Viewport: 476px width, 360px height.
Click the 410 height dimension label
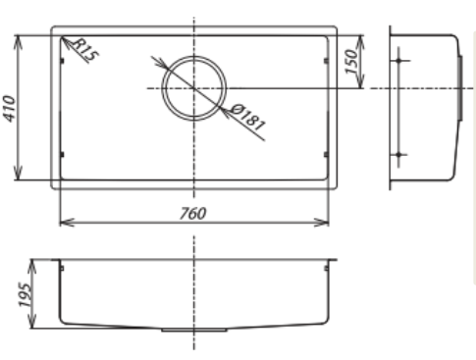coord(12,108)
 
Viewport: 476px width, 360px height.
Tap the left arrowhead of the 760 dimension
coord(65,221)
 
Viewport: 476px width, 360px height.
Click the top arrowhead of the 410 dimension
coord(21,40)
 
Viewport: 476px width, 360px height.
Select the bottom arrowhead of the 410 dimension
coord(21,179)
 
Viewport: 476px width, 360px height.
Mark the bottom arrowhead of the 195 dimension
coord(31,327)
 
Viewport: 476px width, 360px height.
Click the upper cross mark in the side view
coord(398,62)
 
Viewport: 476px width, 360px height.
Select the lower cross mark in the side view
coord(398,156)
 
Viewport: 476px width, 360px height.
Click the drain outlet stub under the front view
coord(178,332)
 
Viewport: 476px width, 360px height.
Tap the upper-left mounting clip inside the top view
coord(63,61)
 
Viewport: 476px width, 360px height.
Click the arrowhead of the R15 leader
coord(63,39)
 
